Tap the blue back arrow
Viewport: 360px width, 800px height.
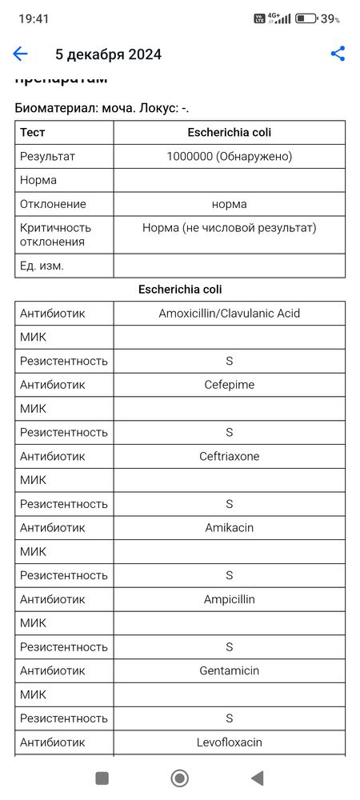20,54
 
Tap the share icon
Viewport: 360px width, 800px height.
338,54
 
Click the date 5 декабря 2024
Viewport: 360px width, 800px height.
108,54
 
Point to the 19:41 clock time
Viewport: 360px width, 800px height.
34,18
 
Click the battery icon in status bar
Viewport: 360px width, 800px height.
306,18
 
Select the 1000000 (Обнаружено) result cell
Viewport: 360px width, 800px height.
230,157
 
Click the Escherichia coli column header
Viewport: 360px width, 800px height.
230,133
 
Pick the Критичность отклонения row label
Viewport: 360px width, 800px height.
56,234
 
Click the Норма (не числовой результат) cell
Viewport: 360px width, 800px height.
230,228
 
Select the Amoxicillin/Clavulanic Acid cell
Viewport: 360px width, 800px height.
230,314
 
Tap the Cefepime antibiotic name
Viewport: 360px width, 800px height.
230,385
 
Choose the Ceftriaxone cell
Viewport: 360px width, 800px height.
230,456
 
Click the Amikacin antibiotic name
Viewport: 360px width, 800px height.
230,528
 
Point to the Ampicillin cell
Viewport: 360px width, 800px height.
230,599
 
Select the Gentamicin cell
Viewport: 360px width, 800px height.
230,670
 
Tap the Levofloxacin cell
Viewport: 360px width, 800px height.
230,742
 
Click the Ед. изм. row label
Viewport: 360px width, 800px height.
42,266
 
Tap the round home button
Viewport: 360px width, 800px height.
180,778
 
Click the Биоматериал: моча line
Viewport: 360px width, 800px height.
102,108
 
